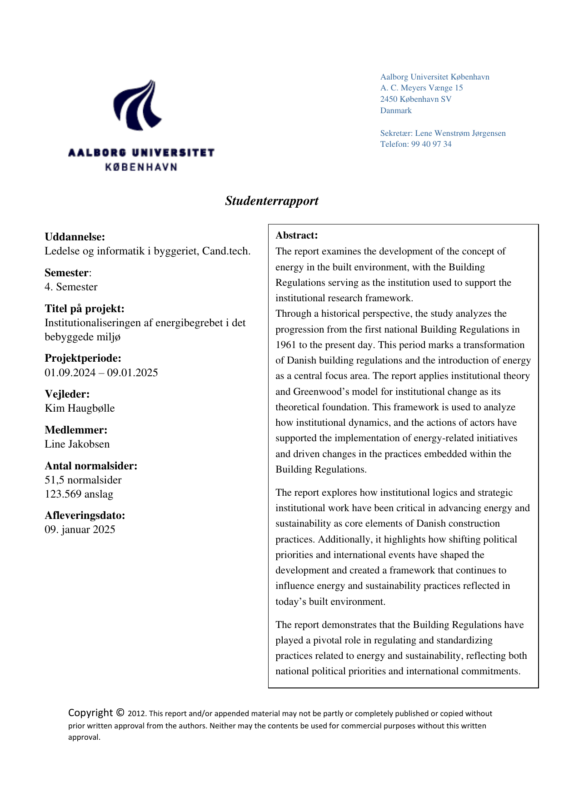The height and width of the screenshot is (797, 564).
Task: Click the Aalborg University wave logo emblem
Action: point(137,105)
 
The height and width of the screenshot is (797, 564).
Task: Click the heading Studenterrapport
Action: point(272,201)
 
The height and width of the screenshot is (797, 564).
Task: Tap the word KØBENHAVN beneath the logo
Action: point(141,167)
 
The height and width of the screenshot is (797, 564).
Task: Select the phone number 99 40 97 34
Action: point(431,144)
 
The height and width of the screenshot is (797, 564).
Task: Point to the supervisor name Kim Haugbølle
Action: point(80,408)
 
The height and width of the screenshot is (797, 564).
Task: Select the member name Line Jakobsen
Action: point(77,444)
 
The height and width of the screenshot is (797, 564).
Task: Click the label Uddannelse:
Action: point(75,237)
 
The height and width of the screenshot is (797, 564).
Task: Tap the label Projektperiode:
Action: point(83,358)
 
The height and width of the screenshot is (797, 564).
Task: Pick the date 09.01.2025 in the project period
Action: point(133,373)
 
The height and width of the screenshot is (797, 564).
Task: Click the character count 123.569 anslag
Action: point(79,494)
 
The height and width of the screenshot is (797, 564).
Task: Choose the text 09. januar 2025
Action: point(80,529)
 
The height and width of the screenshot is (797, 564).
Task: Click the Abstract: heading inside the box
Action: point(296,235)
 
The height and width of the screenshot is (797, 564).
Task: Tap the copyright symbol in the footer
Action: point(120,712)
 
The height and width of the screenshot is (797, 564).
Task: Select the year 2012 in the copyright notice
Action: point(136,714)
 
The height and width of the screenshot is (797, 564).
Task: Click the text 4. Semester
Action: point(71,287)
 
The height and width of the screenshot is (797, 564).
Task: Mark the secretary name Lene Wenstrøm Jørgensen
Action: point(460,133)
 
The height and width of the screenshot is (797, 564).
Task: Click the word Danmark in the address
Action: point(396,110)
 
